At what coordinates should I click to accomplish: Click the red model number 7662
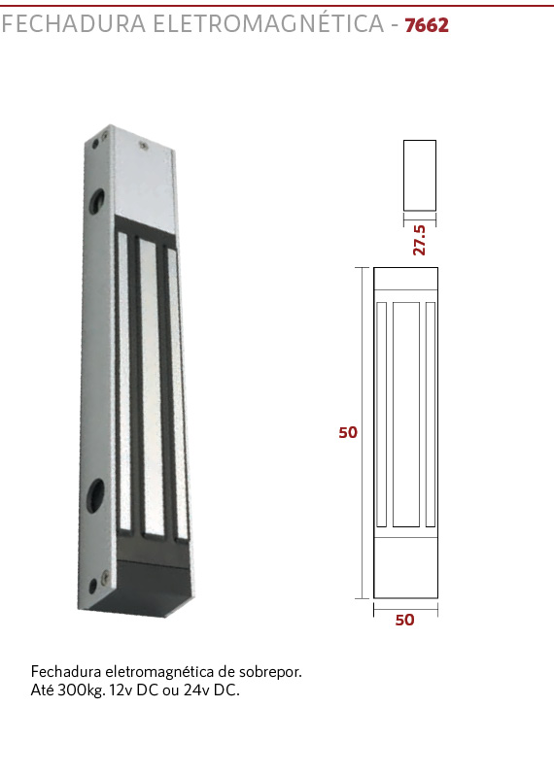tap(427, 25)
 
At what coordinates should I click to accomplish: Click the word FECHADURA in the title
tap(74, 24)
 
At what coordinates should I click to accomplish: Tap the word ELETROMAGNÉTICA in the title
tap(268, 23)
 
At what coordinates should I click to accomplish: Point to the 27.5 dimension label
tap(419, 240)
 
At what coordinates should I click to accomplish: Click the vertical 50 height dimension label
tap(348, 432)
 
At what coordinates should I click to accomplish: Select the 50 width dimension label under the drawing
tap(404, 620)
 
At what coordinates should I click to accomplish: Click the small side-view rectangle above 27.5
tap(420, 175)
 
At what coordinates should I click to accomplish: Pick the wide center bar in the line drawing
tap(406, 414)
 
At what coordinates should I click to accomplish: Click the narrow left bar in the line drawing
tap(381, 414)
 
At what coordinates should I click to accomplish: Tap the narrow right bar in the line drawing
tap(431, 414)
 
